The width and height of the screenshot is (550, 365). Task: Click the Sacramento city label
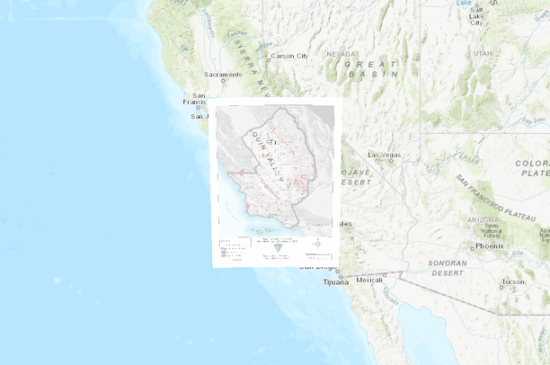coord(224,74)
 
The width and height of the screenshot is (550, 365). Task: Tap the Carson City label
coord(289,56)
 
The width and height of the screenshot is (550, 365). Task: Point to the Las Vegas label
coord(384,155)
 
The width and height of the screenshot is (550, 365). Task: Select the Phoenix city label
coord(490,245)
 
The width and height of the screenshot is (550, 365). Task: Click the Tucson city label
coord(513,281)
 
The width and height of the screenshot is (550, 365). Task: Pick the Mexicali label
coord(369,280)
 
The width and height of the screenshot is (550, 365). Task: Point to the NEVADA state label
coord(341,54)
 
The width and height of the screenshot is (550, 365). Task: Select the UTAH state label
coord(483,54)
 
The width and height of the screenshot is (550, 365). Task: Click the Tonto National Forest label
coord(490,230)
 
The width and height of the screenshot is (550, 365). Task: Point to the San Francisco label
coord(200,99)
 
